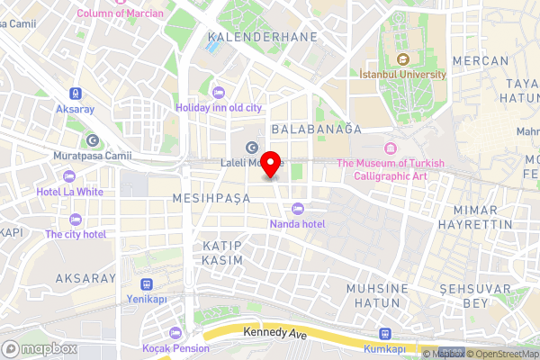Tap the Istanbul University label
[403, 74]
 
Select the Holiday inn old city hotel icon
[218, 92]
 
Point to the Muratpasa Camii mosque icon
[94, 140]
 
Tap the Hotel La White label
[69, 192]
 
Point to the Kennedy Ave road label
[274, 332]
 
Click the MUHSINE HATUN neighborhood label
[378, 295]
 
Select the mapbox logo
[39, 347]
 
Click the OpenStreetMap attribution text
[503, 354]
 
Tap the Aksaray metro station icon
[75, 92]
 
